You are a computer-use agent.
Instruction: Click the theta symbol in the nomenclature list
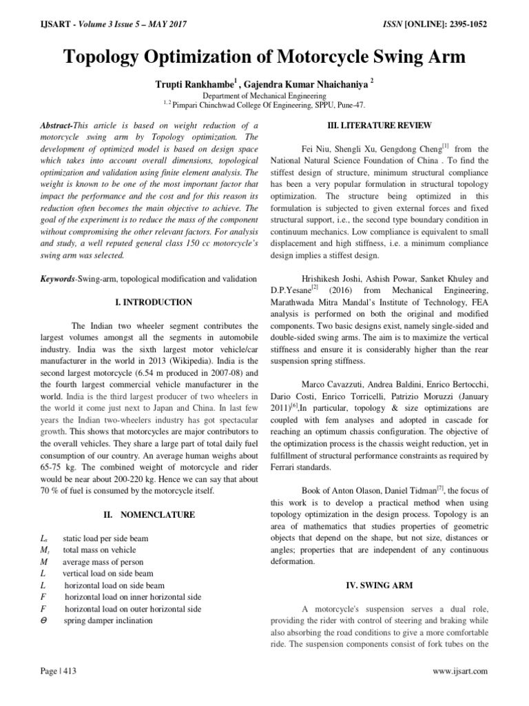pos(45,620)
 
